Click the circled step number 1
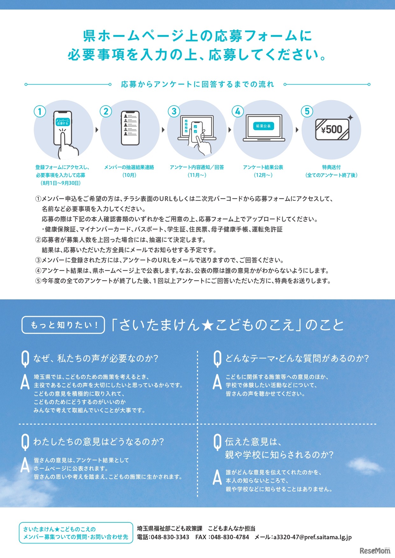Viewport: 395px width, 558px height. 40,111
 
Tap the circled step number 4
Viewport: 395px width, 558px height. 237,111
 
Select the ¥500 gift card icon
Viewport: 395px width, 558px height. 332,129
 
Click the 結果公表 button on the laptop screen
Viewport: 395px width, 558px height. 263,126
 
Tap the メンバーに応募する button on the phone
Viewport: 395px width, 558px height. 62,122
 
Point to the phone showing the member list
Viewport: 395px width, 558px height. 130,128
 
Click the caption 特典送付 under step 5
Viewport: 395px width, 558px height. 331,167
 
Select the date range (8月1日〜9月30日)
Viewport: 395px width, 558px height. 60,183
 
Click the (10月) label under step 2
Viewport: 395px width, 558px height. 129,175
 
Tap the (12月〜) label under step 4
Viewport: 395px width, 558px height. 263,175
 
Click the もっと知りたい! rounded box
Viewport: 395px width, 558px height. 63,325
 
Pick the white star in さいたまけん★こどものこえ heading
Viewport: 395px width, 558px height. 208,325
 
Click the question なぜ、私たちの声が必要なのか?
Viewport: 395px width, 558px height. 96,359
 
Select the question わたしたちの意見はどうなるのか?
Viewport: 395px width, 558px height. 99,442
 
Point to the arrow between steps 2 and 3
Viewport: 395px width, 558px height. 163,130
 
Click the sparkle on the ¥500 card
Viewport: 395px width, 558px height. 350,117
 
